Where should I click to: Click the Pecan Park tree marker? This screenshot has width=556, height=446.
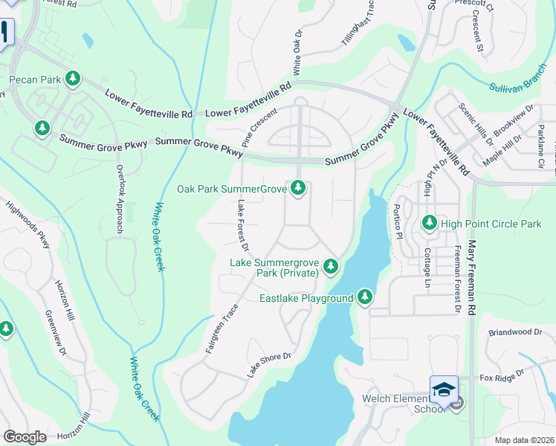(72, 78)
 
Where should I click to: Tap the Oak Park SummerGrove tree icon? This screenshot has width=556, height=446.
(298, 189)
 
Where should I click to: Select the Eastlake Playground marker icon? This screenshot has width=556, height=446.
(364, 297)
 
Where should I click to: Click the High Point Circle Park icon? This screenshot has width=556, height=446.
(429, 222)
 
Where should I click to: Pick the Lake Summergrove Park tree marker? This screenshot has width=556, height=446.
(330, 266)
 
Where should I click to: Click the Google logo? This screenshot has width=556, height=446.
(25, 436)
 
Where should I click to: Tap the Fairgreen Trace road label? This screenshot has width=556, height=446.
(222, 328)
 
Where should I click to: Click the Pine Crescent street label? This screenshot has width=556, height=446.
(258, 127)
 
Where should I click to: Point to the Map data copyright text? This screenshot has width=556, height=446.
(523, 440)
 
